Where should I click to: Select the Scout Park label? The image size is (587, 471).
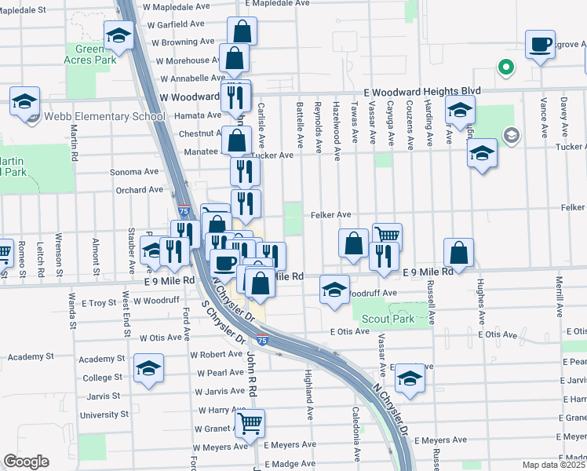[x=388, y=319]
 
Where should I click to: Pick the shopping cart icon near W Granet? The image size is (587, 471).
[x=250, y=424]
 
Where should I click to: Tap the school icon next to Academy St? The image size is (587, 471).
[x=148, y=369]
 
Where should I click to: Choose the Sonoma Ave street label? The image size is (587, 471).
[x=134, y=172]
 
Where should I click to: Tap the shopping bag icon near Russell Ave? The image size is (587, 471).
[x=458, y=252]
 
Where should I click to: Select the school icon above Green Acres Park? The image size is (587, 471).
[x=118, y=34]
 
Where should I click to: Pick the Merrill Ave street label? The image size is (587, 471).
[x=560, y=298]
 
